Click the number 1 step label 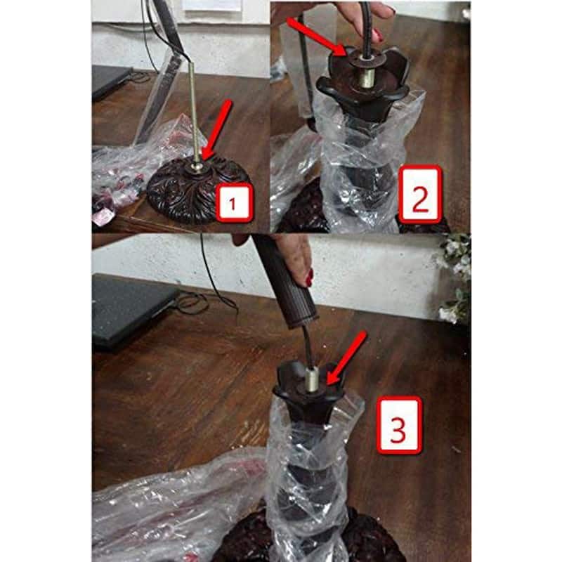click(234, 203)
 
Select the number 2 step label click(420, 195)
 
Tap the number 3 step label click(398, 426)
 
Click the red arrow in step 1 click(216, 131)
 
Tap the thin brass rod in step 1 click(194, 115)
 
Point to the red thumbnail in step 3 click(309, 277)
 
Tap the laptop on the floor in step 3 click(133, 310)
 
